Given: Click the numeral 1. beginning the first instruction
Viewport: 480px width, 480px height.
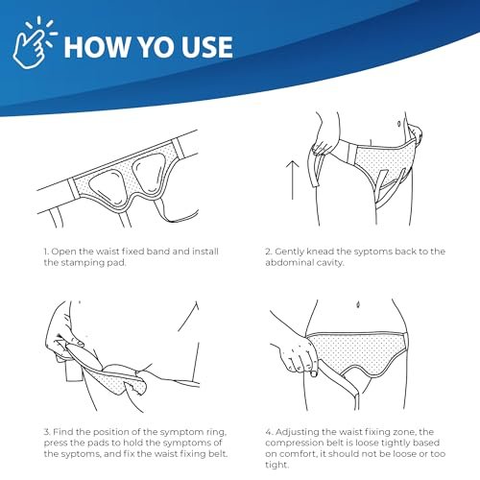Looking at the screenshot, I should point(44,252).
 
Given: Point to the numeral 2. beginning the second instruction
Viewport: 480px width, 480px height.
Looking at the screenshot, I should point(269,252).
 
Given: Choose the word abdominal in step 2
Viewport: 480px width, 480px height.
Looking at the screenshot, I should point(296,264).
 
